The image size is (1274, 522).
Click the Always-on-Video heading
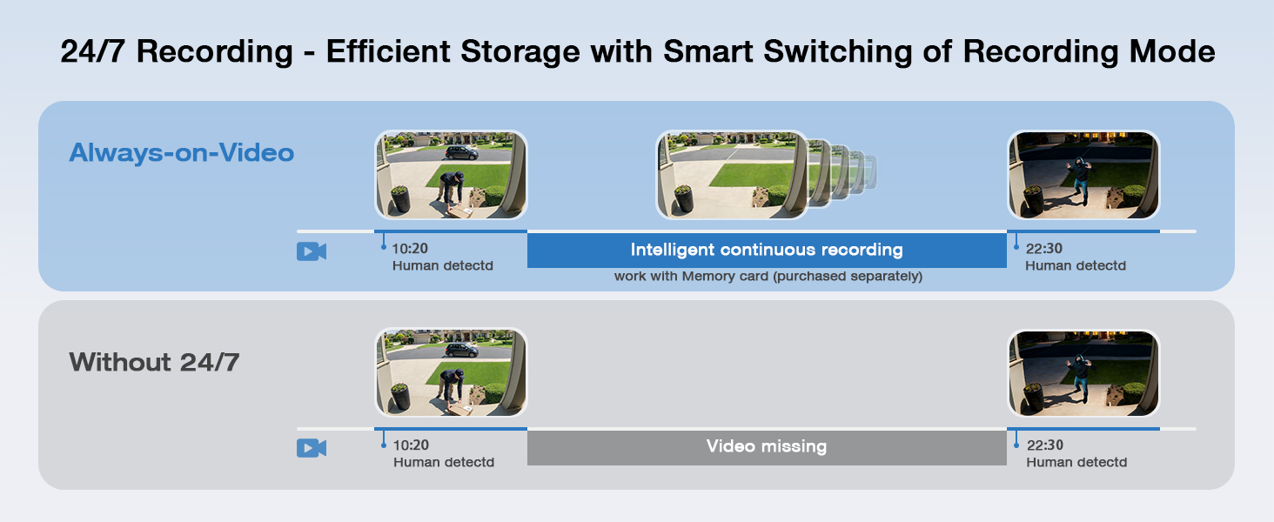point(181,152)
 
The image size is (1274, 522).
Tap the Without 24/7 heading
point(154,362)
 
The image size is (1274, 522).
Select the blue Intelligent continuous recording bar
point(767,251)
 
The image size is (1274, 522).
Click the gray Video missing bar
point(767,447)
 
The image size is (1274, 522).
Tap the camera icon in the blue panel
point(312,251)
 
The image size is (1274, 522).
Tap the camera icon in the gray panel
point(312,448)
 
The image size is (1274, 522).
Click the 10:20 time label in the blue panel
point(410,249)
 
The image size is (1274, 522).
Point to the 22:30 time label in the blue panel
point(1043,249)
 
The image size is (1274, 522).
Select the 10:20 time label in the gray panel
point(411,445)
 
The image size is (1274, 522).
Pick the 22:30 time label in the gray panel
point(1045,445)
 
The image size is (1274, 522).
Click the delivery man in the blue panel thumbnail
point(452,188)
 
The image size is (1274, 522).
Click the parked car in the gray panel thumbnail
point(461,350)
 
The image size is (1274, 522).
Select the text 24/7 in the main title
point(93,51)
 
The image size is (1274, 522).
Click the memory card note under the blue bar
point(768,277)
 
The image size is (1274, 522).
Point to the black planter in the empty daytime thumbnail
point(684,198)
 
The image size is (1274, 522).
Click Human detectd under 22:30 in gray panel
point(1076,462)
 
